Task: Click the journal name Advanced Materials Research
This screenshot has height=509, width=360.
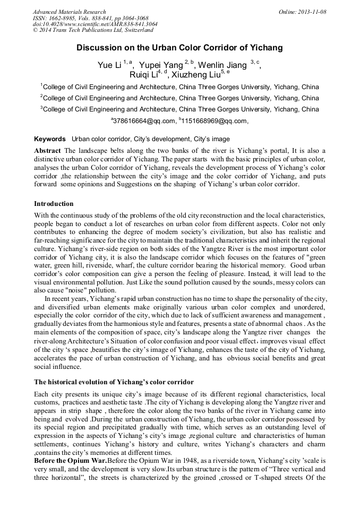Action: coord(69,12)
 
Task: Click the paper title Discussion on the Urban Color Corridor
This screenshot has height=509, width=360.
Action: coord(179,48)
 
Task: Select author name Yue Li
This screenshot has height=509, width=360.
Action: coord(109,65)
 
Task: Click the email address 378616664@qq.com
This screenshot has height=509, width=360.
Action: coord(144,121)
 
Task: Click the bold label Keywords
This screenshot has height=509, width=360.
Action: coord(50,139)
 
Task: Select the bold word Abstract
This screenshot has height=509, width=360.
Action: coord(47,150)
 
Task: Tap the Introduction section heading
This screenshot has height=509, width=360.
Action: coord(54,204)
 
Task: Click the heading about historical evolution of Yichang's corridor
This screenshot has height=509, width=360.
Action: coord(114,382)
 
